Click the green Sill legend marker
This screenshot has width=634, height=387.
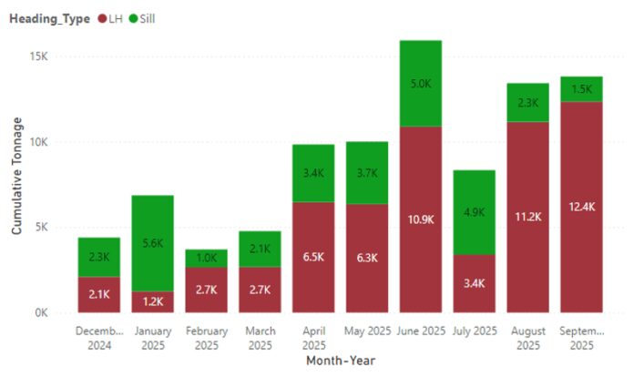(x=133, y=18)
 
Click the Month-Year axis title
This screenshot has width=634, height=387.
(x=340, y=361)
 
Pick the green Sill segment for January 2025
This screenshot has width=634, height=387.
(x=152, y=243)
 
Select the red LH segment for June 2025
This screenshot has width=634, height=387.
(x=420, y=219)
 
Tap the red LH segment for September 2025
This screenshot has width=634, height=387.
(x=581, y=207)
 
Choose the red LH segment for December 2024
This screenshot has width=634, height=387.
(x=98, y=294)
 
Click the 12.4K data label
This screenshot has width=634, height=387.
(x=581, y=207)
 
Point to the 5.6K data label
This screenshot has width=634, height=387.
(x=152, y=243)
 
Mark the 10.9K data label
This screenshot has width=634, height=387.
(x=420, y=219)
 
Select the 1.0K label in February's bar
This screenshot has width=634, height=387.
(x=206, y=259)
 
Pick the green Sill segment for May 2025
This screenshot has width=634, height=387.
(x=367, y=173)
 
